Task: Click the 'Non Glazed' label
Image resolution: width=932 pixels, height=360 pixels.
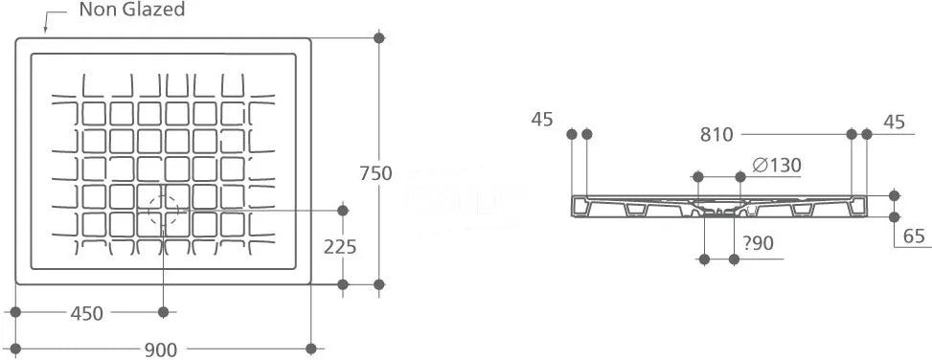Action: [132, 10]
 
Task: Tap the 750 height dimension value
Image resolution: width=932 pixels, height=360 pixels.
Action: [375, 173]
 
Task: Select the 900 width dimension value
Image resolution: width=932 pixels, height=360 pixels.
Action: [161, 349]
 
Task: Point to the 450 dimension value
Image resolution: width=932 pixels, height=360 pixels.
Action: [87, 313]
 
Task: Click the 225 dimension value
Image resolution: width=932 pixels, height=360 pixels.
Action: [340, 246]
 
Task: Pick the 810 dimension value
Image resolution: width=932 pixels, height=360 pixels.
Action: [716, 135]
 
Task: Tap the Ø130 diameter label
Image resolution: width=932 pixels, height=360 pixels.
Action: [776, 165]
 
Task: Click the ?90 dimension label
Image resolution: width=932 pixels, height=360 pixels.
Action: [759, 243]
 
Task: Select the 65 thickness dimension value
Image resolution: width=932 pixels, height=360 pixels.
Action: [914, 236]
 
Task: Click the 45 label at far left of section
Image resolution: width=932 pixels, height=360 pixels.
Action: [542, 120]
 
